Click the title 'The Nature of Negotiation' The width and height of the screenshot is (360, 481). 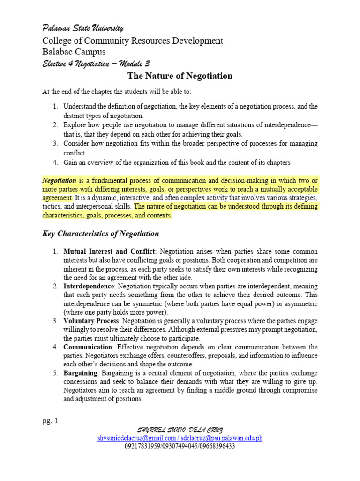coord(180,76)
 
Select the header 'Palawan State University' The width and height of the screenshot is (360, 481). coord(83,29)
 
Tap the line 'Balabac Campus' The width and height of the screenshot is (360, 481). coord(74,52)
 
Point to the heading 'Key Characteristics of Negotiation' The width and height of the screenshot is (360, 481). coord(101,233)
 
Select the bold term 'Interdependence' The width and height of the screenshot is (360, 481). coord(89,286)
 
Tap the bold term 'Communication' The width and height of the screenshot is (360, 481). coord(88,347)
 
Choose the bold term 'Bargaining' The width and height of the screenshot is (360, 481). coord(80,372)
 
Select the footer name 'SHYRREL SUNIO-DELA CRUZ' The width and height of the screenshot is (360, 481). coord(180,430)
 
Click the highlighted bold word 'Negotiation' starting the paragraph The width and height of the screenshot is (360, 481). coord(60,180)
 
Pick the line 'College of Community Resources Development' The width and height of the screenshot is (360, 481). coord(133,41)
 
